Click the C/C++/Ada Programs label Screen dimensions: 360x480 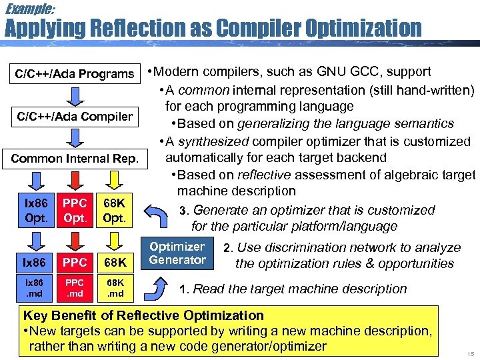75,73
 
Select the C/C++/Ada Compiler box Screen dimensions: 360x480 75,117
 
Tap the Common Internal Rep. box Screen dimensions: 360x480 75,159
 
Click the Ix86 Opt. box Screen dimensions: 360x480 36,211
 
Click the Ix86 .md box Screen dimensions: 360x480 36,289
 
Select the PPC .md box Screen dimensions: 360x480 74,289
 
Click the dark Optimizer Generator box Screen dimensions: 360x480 177,253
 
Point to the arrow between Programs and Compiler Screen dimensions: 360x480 75,95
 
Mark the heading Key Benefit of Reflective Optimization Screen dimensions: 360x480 143,315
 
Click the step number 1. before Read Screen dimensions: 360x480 185,289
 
